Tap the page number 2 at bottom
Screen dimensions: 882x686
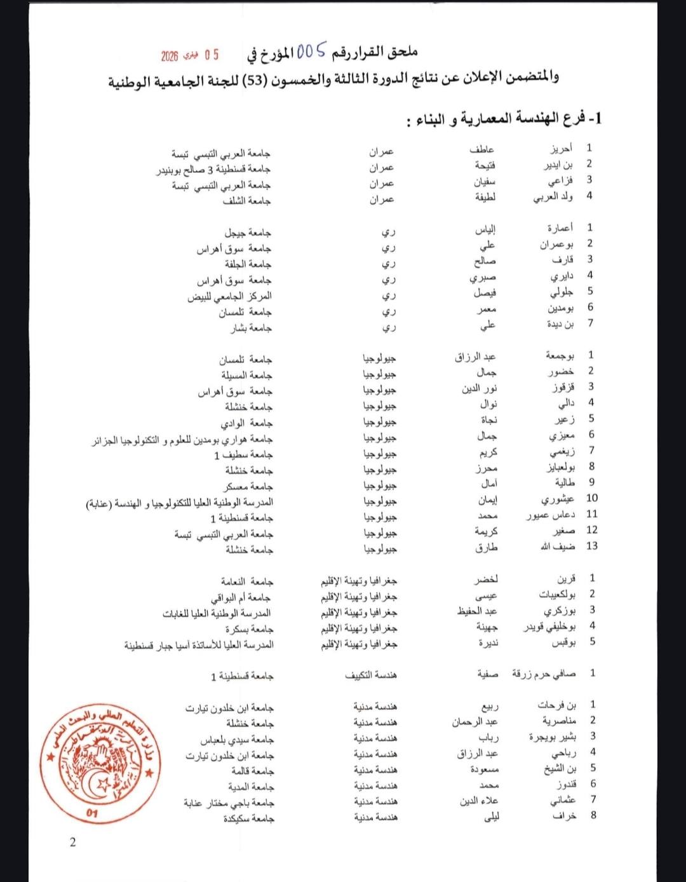72,843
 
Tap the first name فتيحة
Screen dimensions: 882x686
485,165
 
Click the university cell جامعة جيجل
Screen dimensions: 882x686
248,233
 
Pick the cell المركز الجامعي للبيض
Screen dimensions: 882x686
229,296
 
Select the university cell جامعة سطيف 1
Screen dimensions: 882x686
243,455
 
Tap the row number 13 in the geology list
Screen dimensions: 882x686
591,546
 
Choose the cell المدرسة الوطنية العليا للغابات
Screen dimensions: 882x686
217,613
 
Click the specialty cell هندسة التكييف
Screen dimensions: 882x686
371,675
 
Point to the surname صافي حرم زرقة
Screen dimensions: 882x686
544,674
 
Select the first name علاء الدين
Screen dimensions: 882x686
479,801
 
